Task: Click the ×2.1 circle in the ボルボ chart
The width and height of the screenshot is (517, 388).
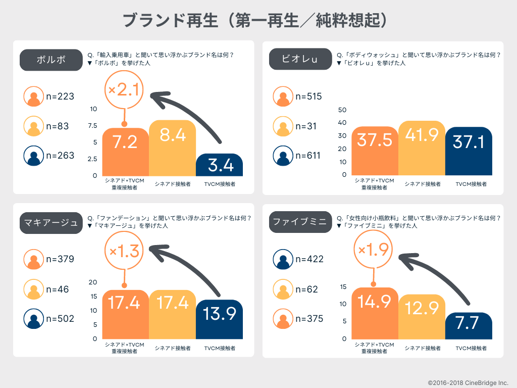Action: (124, 90)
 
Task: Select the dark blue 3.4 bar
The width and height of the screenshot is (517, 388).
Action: (219, 165)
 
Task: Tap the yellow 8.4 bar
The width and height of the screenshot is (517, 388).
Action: (172, 148)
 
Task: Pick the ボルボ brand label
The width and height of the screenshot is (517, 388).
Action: (51, 60)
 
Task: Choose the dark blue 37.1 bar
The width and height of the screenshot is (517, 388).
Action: (469, 151)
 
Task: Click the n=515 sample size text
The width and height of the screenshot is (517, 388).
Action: (308, 96)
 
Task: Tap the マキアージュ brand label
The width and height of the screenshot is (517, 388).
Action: (51, 223)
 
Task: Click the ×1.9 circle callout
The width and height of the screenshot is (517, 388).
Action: (374, 250)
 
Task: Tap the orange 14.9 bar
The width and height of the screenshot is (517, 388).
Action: (375, 313)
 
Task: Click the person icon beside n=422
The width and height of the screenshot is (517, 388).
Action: (283, 259)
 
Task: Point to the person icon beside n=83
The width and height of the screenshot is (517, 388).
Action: (34, 126)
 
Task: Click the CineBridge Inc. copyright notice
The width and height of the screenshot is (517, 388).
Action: (468, 383)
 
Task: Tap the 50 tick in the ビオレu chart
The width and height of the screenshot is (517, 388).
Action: (342, 110)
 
